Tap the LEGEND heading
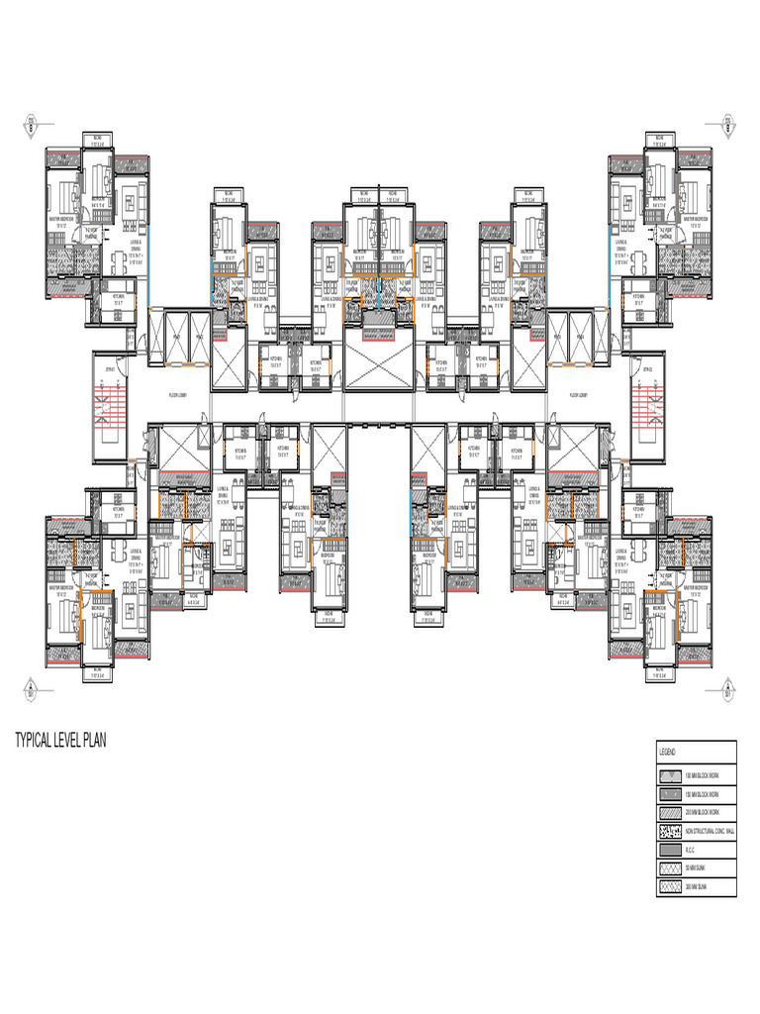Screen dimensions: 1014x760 tap(665, 754)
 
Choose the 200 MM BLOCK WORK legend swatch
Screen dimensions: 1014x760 tap(669, 813)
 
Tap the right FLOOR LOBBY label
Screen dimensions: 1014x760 tap(580, 394)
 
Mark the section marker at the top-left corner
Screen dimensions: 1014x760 tap(31, 126)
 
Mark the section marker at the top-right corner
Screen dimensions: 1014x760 tap(727, 126)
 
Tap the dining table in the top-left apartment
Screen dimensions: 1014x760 tap(118, 262)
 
